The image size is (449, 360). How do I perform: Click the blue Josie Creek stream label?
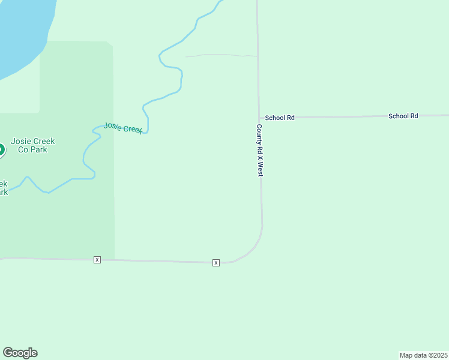pyautogui.click(x=123, y=128)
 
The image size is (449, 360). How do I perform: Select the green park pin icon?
pyautogui.click(x=1, y=149)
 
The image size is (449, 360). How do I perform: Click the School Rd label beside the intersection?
pyautogui.click(x=280, y=118)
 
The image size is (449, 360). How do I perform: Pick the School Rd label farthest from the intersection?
pyautogui.click(x=403, y=116)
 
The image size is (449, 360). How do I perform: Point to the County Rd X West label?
pyautogui.click(x=260, y=150)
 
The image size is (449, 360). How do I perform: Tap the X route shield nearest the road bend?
pyautogui.click(x=216, y=263)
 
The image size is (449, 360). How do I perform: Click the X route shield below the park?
pyautogui.click(x=97, y=259)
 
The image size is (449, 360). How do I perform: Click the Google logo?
pyautogui.click(x=20, y=353)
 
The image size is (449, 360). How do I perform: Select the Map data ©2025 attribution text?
pyautogui.click(x=423, y=355)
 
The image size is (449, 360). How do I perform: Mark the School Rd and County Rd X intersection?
pyautogui.click(x=259, y=118)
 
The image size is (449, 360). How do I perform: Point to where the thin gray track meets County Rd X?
pyautogui.click(x=258, y=56)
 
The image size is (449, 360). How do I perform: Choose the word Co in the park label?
pyautogui.click(x=23, y=149)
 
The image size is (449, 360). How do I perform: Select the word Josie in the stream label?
pyautogui.click(x=112, y=125)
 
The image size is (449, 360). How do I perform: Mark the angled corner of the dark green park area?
pyautogui.click(x=110, y=44)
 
